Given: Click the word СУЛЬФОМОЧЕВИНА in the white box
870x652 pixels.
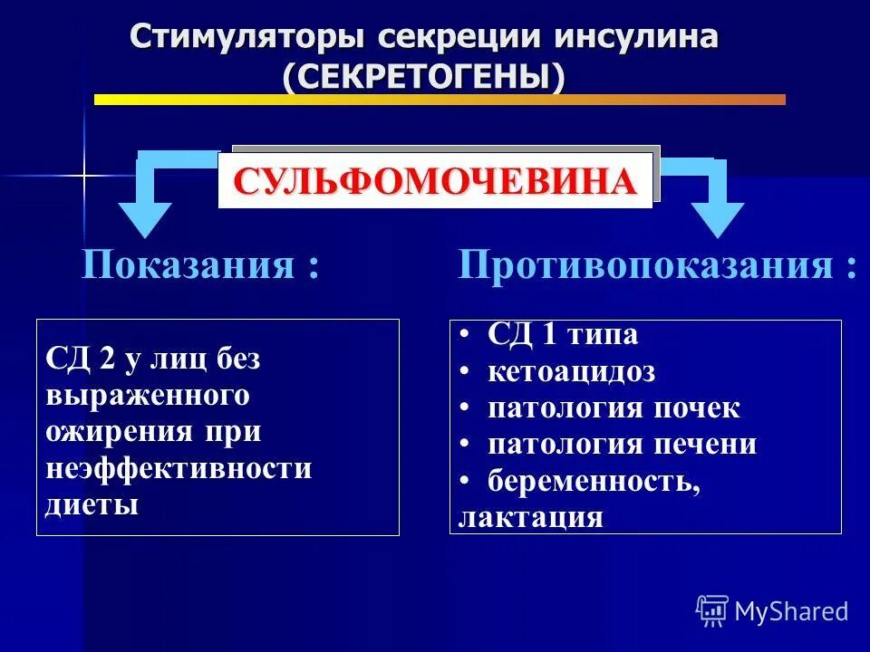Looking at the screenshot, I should (435, 182).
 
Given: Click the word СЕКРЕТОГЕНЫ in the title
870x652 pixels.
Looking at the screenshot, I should (423, 77).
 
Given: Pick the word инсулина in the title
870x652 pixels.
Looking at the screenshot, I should (628, 37).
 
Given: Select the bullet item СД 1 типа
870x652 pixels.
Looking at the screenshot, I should (562, 335).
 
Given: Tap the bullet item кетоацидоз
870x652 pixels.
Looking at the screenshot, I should (571, 371).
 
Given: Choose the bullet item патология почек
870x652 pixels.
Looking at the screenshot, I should (614, 407).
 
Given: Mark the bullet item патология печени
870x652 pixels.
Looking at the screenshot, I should (622, 445).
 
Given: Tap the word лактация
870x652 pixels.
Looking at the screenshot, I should (530, 517).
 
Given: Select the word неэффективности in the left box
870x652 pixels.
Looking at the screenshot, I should (178, 468).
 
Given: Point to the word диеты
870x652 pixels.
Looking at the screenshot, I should (92, 504).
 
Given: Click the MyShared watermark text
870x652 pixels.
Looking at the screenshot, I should (791, 611).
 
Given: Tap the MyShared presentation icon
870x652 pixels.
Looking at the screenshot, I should (711, 611).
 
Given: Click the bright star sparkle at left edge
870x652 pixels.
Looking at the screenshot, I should (84, 173).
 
